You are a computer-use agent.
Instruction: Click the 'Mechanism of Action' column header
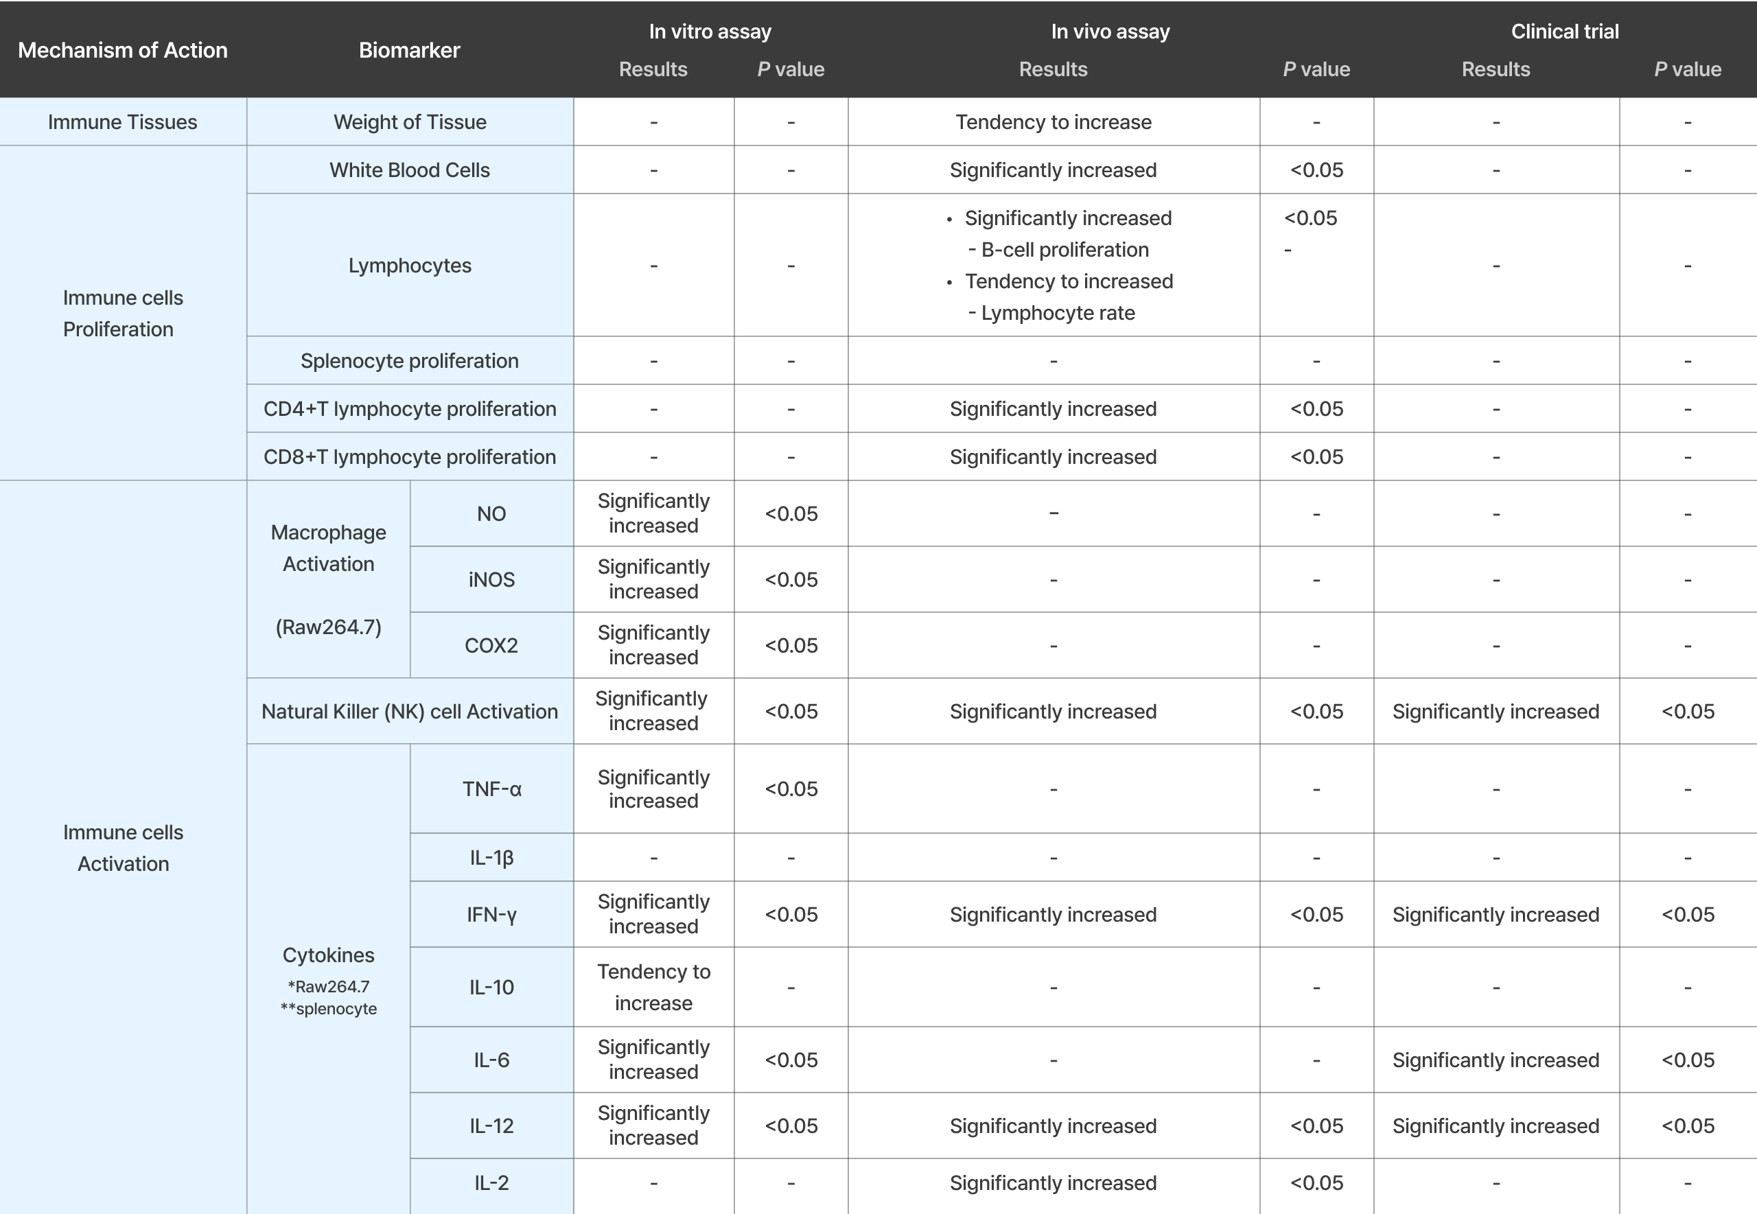pos(122,50)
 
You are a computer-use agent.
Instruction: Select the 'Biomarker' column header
pos(409,50)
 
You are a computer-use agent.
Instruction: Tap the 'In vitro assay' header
pos(710,31)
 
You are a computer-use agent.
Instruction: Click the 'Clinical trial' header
pos(1565,31)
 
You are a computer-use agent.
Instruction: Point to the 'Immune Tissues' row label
pos(122,121)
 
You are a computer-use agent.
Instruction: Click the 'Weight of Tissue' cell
pos(409,121)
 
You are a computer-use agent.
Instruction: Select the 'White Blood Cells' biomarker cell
pos(409,170)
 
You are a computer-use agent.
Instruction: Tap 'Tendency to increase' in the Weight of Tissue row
pos(1053,121)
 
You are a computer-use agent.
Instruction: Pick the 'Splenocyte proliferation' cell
pos(409,360)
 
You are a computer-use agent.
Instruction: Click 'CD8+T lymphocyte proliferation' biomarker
pos(409,456)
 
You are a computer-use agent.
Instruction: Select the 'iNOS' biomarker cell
pos(491,580)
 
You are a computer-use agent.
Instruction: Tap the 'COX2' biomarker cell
pos(491,645)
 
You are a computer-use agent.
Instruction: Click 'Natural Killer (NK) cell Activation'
pos(409,711)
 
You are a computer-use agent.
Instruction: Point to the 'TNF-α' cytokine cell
pos(491,789)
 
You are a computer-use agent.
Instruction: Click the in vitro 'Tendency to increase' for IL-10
pos(653,987)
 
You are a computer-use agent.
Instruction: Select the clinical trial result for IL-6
pos(1496,1060)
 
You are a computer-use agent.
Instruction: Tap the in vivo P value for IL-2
pos(1316,1183)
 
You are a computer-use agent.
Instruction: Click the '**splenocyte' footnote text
pos(329,1009)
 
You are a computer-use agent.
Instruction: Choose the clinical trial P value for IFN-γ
pos(1687,914)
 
